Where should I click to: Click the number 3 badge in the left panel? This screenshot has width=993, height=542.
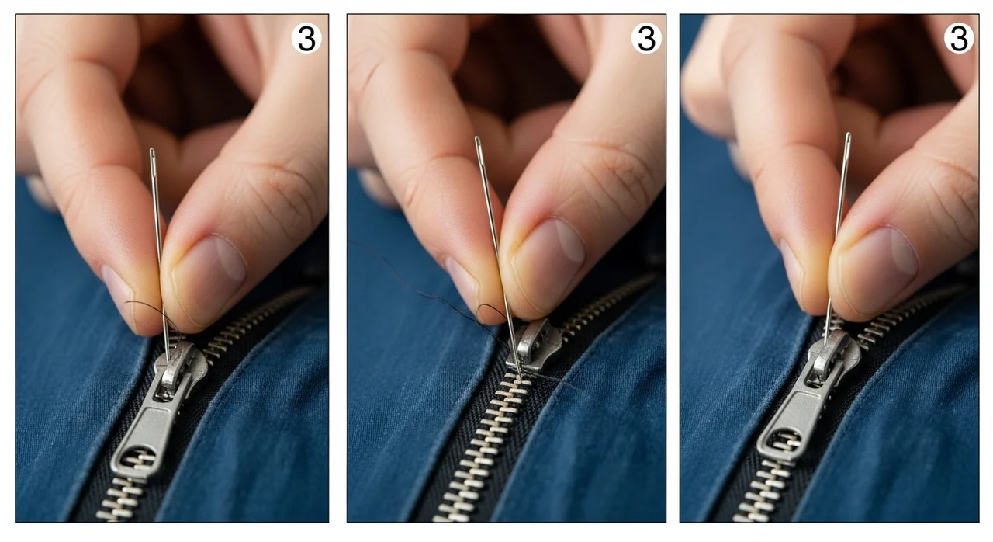point(306,39)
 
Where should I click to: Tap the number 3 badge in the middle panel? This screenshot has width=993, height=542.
point(646,39)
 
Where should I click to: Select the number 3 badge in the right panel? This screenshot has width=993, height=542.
point(959,39)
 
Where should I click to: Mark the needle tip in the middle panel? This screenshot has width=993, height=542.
point(521,376)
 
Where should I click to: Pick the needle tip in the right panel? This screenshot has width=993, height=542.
point(825,342)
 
